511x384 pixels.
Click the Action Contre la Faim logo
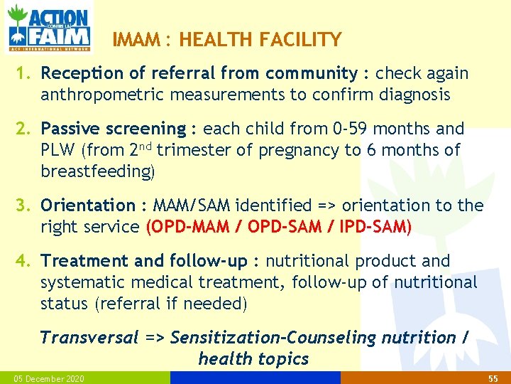(x=48, y=27)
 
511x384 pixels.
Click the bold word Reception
(x=83, y=73)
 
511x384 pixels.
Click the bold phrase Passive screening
(x=113, y=129)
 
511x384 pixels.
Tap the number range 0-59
(x=350, y=129)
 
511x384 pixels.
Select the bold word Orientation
(x=88, y=206)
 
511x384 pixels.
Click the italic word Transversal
(x=89, y=338)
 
